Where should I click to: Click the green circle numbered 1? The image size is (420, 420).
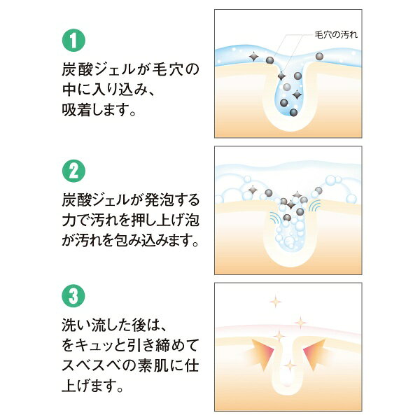click(73, 40)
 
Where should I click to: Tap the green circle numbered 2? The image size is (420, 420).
click(73, 171)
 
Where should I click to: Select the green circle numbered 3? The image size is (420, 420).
click(73, 295)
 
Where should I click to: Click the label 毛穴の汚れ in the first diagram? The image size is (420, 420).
click(336, 35)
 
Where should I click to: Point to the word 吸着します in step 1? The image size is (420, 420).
click(99, 110)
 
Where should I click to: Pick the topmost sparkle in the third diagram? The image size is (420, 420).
click(276, 302)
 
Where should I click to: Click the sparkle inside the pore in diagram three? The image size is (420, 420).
click(290, 365)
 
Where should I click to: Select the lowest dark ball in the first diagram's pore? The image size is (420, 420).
click(293, 113)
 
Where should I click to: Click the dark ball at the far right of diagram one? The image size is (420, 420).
click(319, 57)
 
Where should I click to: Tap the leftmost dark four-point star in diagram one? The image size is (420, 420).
click(253, 57)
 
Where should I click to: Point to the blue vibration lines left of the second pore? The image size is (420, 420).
click(275, 218)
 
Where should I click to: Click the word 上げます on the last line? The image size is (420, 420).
click(92, 386)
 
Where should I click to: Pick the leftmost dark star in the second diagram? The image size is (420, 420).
click(253, 190)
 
